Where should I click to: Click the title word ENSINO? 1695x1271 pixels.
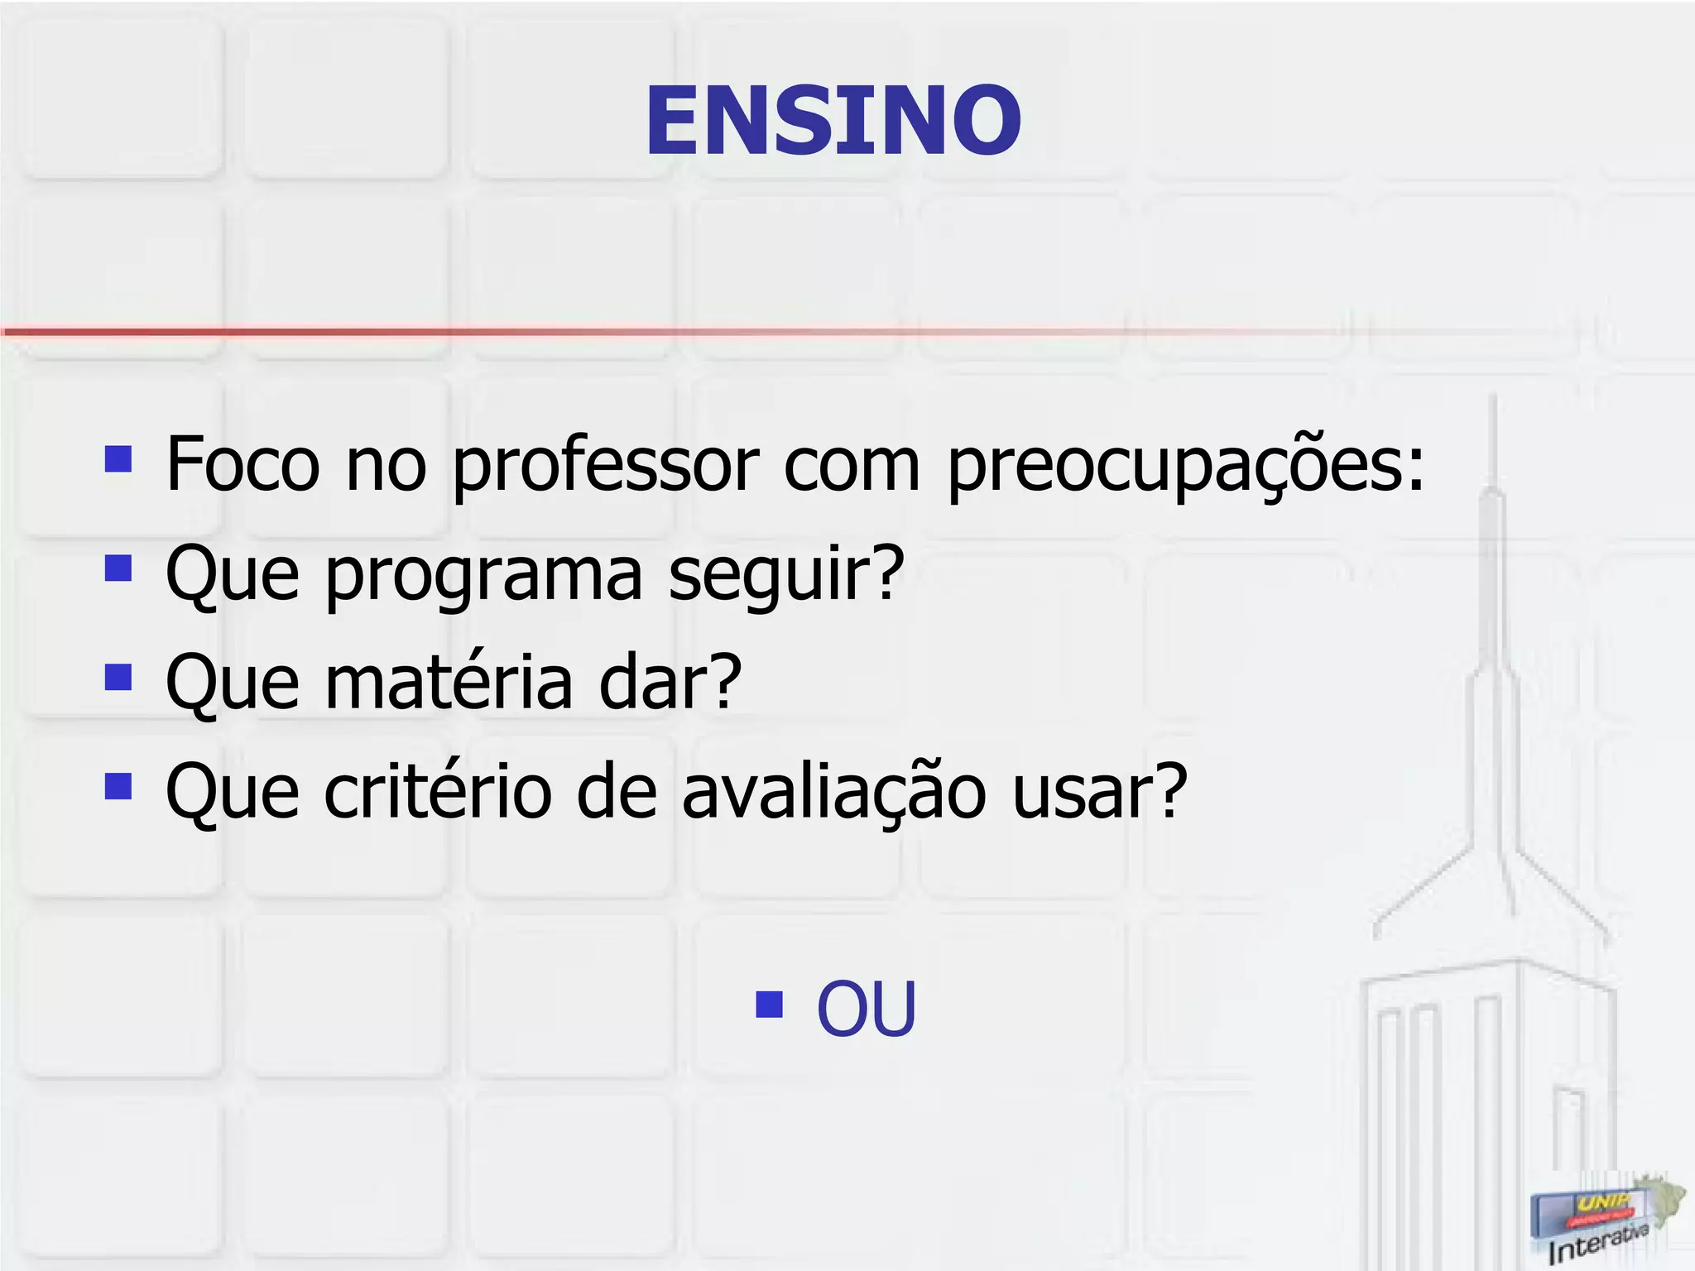(x=833, y=121)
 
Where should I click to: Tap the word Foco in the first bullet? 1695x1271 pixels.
(x=242, y=464)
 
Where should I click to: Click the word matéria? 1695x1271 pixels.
(x=449, y=683)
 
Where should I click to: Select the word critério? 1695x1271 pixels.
(x=437, y=791)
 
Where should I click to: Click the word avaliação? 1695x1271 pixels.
(x=834, y=793)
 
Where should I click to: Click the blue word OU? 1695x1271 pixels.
(x=867, y=1008)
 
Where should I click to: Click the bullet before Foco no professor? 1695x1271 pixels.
(x=118, y=458)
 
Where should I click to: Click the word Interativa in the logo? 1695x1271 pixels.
(x=1597, y=1241)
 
